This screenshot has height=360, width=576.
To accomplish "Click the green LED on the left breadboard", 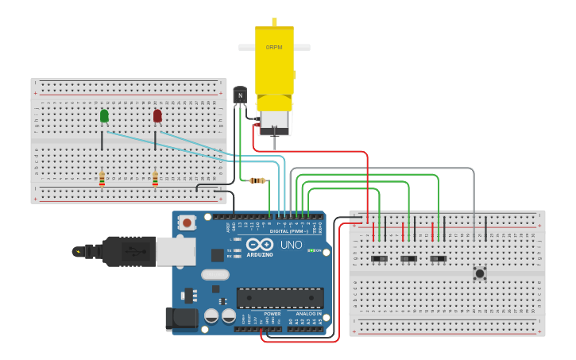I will [x=104, y=116].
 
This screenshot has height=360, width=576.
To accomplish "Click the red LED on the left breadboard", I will [x=157, y=116].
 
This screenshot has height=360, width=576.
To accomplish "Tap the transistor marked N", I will [x=240, y=95].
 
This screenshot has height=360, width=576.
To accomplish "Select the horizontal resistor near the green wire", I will [x=257, y=180].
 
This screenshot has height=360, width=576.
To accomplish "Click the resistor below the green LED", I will [x=102, y=178].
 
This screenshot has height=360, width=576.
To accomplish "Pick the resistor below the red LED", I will [x=155, y=178].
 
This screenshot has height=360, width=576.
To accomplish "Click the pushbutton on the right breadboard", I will [x=480, y=273].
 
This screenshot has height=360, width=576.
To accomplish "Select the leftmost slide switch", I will [x=380, y=259].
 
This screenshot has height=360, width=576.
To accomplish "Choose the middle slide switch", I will [x=409, y=259].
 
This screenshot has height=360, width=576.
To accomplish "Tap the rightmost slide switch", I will [x=438, y=259].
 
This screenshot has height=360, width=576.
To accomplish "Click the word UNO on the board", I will [x=292, y=244].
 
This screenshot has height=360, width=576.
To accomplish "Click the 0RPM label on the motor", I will [x=274, y=47].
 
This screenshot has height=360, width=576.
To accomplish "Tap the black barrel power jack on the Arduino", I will [x=180, y=319].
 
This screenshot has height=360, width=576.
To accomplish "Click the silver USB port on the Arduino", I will [x=176, y=251].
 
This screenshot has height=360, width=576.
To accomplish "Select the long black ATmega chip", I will [x=280, y=298].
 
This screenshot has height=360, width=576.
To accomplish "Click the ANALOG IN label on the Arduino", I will [x=308, y=314].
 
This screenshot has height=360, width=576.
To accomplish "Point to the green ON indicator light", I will [x=312, y=251].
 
